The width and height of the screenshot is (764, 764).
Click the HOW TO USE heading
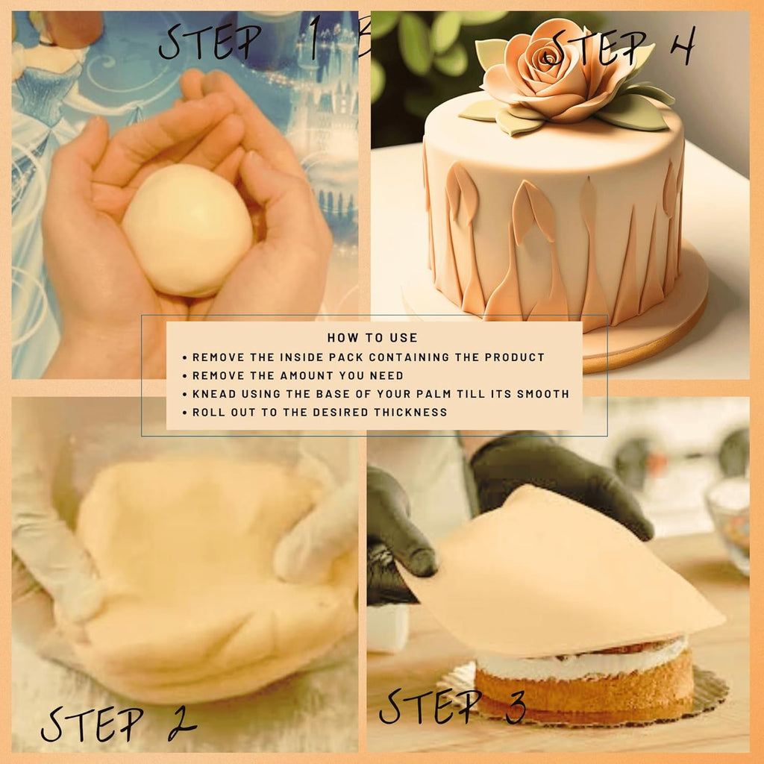click(x=372, y=338)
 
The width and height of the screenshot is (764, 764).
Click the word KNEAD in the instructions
click(x=212, y=394)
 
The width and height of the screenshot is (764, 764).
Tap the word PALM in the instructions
click(x=463, y=394)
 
